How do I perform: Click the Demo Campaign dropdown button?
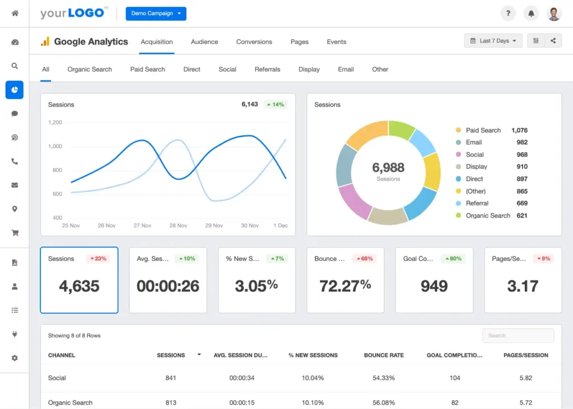click(156, 13)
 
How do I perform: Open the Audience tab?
click(204, 42)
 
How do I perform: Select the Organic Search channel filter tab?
click(90, 69)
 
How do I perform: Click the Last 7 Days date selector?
click(493, 41)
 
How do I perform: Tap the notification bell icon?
click(530, 13)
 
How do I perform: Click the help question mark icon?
click(508, 13)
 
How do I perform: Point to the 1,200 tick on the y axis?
click(55, 122)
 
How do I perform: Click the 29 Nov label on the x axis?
click(214, 226)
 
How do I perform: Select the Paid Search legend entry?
click(483, 130)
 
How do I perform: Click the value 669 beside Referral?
click(522, 203)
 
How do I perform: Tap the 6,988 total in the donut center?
click(388, 167)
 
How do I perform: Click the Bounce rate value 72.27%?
click(345, 286)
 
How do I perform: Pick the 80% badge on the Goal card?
click(453, 259)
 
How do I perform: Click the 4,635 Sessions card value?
click(79, 286)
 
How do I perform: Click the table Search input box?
click(518, 336)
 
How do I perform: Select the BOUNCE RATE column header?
click(383, 355)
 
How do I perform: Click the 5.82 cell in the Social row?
click(525, 378)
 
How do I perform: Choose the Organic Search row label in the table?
click(70, 403)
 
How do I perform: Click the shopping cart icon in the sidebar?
click(15, 233)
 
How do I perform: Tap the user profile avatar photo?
click(554, 13)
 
